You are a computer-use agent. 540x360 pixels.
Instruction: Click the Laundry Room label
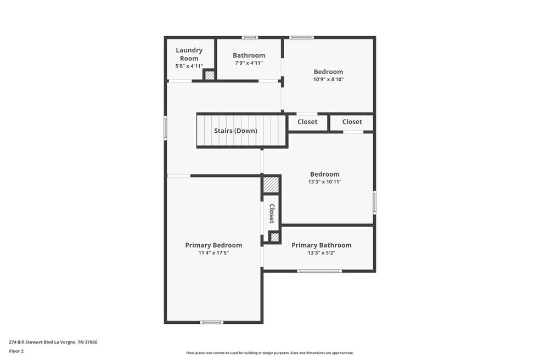click(189, 54)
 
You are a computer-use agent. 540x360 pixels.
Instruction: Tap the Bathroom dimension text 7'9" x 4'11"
click(249, 63)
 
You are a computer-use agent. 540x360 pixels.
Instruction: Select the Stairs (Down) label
click(235, 131)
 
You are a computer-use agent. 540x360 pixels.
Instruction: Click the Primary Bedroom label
click(213, 245)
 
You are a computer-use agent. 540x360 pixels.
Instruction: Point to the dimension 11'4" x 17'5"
click(213, 253)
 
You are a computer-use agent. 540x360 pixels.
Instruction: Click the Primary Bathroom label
click(322, 245)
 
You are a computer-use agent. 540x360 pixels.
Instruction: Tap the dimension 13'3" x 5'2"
click(322, 253)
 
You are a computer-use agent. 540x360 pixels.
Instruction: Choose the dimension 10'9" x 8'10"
click(329, 79)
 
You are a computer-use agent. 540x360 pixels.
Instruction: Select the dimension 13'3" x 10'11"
click(325, 182)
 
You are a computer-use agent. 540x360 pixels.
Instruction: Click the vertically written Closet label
click(272, 213)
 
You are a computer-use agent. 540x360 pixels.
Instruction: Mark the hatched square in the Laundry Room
click(210, 75)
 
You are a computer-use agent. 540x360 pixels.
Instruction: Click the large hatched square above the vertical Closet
click(271, 185)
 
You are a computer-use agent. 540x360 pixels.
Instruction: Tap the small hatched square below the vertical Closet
click(274, 238)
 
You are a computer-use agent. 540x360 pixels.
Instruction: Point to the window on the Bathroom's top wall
click(250, 37)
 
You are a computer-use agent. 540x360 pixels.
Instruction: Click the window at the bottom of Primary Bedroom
click(212, 323)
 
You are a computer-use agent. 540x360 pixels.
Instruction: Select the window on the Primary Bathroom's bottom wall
click(319, 271)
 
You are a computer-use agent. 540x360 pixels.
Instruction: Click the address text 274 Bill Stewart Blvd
click(31, 342)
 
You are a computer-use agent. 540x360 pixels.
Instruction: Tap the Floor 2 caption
click(16, 351)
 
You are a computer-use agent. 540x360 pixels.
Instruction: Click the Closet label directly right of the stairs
click(307, 122)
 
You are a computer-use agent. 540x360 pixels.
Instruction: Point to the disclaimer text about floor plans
click(270, 353)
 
